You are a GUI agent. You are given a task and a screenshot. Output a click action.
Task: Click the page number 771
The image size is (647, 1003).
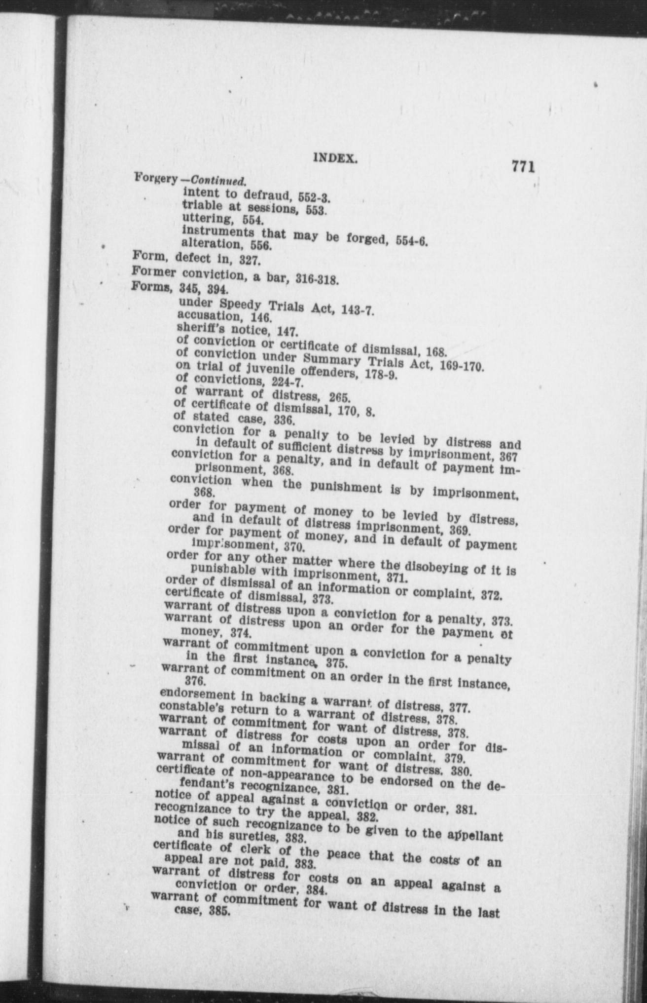click(523, 166)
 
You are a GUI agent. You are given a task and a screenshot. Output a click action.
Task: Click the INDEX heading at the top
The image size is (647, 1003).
click(335, 158)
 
